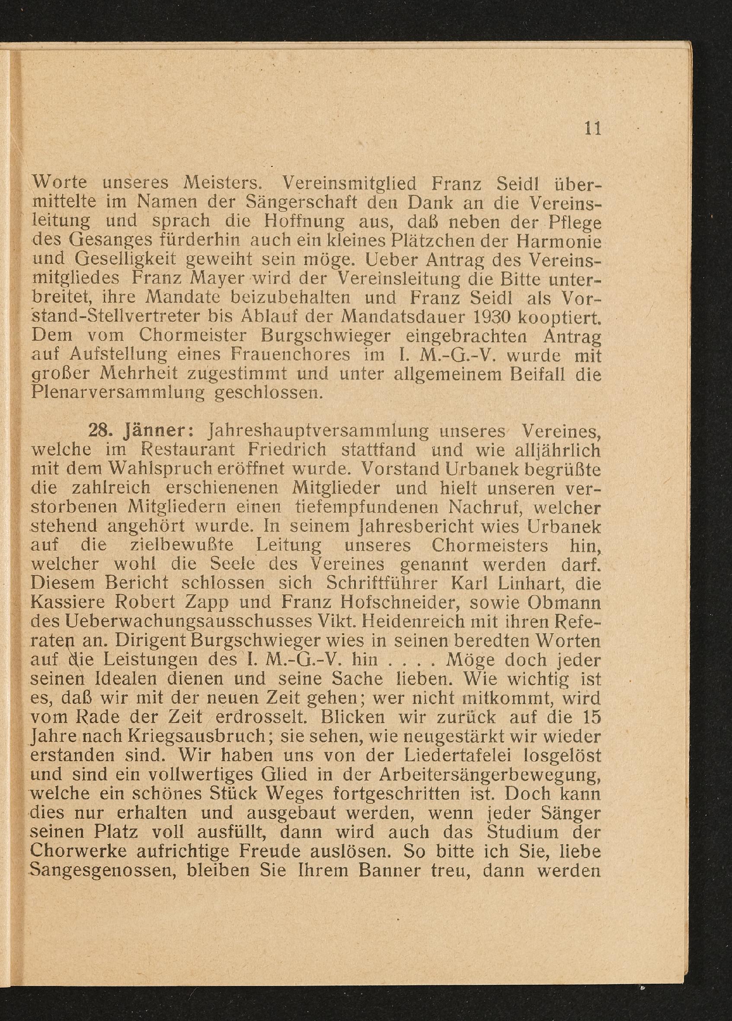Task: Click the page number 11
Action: click(x=592, y=129)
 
